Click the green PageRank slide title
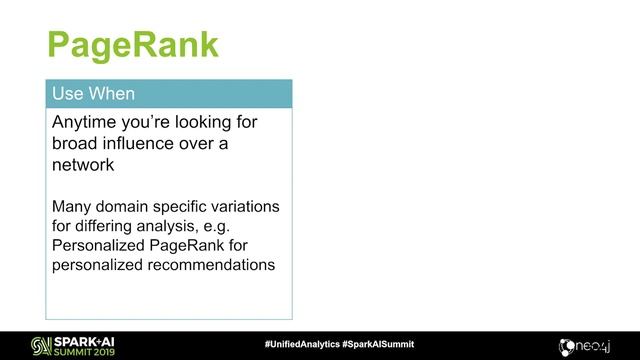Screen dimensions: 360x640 [133, 44]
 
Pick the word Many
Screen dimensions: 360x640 [73, 207]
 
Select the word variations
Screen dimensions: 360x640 [243, 207]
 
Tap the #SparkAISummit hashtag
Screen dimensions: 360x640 [377, 344]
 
